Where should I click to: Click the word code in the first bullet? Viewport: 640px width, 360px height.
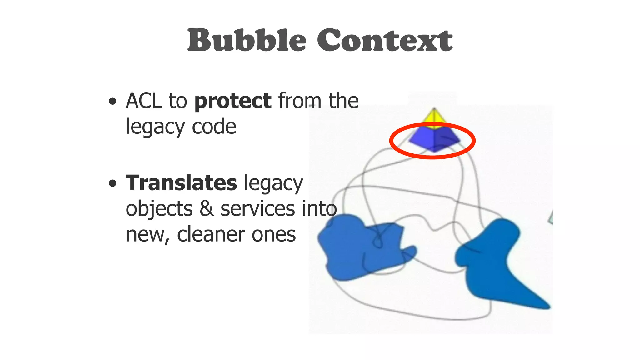[x=214, y=127]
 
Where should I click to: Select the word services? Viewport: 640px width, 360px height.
[x=257, y=209]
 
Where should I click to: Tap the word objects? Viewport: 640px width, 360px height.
[x=159, y=209]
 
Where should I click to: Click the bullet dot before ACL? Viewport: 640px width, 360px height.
[x=112, y=102]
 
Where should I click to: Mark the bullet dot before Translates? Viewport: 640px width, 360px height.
[x=112, y=183]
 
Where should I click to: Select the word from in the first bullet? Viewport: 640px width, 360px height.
[x=300, y=101]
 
